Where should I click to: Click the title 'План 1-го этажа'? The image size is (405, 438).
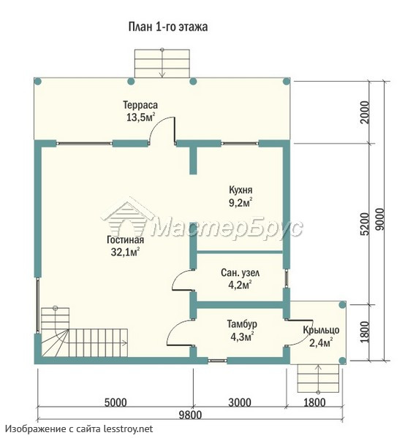[x=168, y=27]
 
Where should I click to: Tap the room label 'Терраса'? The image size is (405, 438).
[x=140, y=105]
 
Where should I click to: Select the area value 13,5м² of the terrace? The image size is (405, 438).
[x=140, y=118]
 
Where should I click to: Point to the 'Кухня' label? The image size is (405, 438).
[x=241, y=190]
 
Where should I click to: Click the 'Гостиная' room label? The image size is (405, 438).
[x=125, y=240]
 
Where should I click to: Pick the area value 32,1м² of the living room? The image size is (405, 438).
[x=125, y=253]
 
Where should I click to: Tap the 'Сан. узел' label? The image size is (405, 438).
[x=240, y=272]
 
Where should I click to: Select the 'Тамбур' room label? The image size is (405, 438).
[x=242, y=324]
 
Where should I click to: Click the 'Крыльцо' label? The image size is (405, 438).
[x=321, y=330]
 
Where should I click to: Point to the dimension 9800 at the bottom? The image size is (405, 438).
[x=190, y=415]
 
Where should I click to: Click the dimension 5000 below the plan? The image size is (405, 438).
[x=116, y=402]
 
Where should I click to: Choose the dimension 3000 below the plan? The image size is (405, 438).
[x=240, y=402]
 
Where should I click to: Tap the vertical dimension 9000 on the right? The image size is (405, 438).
[x=380, y=219]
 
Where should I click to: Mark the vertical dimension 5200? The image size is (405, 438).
[x=365, y=224]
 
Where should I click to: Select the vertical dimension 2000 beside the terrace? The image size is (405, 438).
[x=365, y=112]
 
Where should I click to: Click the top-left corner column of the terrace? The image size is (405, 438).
[x=38, y=82]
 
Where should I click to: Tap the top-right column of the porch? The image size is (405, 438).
[x=342, y=304]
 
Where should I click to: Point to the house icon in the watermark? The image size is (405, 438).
[x=127, y=219]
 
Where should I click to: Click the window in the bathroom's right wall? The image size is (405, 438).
[x=287, y=278]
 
